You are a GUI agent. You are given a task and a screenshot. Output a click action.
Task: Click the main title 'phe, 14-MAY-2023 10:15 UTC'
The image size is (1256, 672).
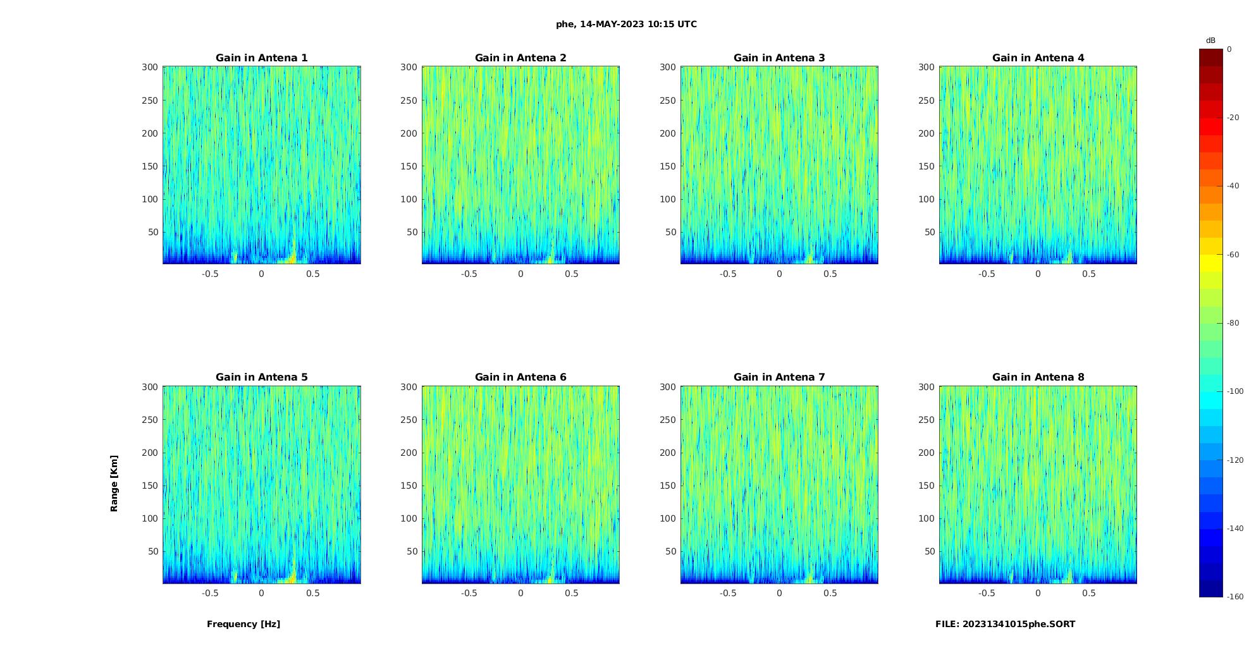click(x=626, y=24)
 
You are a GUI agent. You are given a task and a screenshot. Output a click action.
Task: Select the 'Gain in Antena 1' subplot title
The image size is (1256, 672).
click(x=261, y=58)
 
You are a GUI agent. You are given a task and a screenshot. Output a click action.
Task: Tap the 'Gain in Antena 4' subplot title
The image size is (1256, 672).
click(x=1038, y=58)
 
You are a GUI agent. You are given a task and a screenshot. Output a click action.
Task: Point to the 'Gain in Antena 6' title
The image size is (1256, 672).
click(x=520, y=377)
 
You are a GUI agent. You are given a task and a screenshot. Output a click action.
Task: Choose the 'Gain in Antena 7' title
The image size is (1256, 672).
click(x=779, y=377)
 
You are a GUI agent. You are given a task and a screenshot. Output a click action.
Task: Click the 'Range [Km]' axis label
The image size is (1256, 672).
click(x=114, y=483)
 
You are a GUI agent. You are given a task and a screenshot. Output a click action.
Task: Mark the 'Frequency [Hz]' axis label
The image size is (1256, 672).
click(x=243, y=624)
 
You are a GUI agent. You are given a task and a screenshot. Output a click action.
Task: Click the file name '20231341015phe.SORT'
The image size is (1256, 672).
click(x=1018, y=624)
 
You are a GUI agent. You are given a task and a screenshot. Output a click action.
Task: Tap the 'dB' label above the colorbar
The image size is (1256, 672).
click(x=1210, y=40)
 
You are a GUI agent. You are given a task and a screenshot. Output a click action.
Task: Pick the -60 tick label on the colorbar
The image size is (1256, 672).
click(x=1233, y=255)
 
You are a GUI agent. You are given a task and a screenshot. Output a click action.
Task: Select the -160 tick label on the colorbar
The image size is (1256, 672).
click(x=1235, y=597)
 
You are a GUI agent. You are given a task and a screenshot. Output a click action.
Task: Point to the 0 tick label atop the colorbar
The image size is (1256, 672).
click(x=1229, y=49)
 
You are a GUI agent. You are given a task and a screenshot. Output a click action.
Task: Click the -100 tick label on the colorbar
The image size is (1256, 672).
click(x=1235, y=391)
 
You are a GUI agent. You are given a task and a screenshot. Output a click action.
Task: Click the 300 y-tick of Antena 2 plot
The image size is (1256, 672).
click(x=409, y=67)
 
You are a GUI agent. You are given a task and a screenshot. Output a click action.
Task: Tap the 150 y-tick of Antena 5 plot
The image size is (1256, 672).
click(x=150, y=486)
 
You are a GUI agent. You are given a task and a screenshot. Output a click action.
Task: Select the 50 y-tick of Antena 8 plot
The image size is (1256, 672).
click(x=930, y=551)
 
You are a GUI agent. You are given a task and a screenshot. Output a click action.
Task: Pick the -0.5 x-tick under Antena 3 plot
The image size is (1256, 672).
click(x=728, y=274)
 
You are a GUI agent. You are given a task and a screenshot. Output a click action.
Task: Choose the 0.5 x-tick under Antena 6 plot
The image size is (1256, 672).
click(x=572, y=593)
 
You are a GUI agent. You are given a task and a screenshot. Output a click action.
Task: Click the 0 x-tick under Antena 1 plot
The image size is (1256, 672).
click(x=261, y=274)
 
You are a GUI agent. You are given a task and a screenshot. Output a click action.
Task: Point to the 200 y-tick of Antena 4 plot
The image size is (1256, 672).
click(x=927, y=133)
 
